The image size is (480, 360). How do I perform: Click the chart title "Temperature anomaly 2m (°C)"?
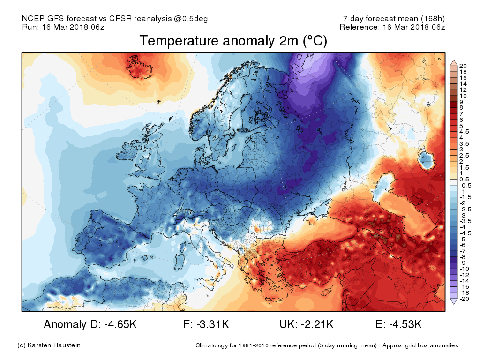(233, 41)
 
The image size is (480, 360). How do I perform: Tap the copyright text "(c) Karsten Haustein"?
(49, 345)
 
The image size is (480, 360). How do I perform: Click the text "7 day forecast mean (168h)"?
(394, 19)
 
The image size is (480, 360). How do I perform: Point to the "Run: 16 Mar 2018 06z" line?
(63, 27)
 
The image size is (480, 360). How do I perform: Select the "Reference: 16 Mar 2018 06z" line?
(392, 27)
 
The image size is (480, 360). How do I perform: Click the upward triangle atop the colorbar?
(453, 61)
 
